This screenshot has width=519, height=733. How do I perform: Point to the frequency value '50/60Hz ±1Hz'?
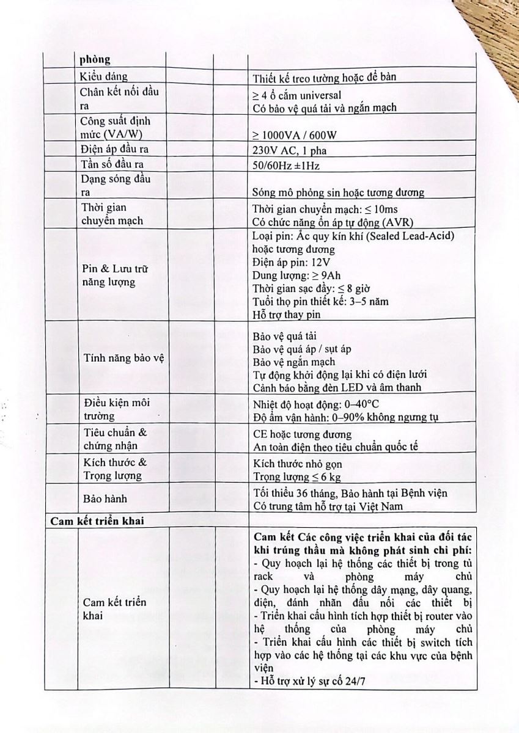(x=287, y=166)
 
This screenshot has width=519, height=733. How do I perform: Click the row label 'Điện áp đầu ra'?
(x=115, y=150)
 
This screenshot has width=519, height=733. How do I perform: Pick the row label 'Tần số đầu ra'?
(x=111, y=164)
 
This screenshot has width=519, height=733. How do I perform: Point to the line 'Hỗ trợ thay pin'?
(x=286, y=315)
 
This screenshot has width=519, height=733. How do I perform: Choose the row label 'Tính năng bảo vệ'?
(x=123, y=358)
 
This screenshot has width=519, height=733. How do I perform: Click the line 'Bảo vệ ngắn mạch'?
(x=293, y=362)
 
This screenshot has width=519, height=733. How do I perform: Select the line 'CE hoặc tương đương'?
(x=302, y=434)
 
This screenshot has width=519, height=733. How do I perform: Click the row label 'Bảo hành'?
(x=105, y=498)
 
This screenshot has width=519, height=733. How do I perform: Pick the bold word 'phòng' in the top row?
(x=95, y=60)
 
